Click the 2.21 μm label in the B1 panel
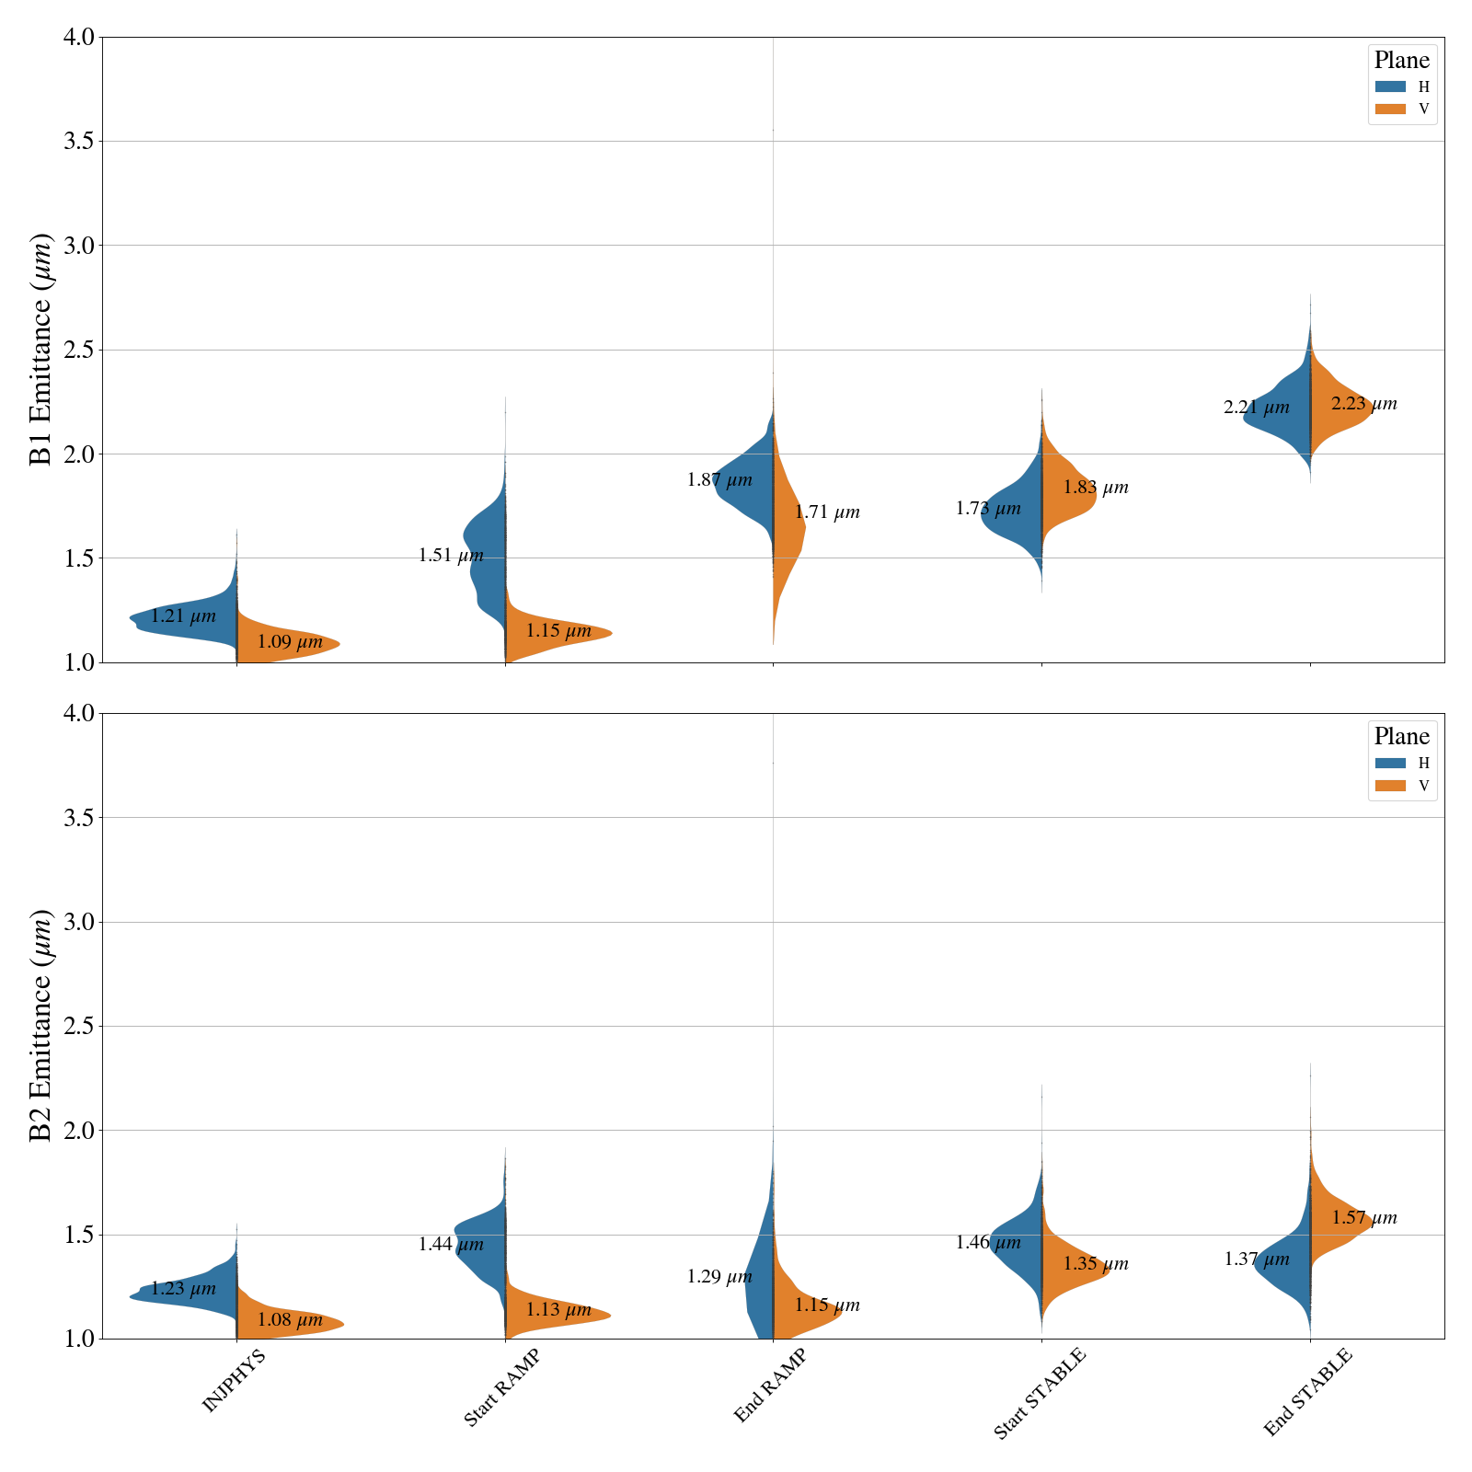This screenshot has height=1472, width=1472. click(1256, 408)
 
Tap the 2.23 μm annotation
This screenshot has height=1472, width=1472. click(1363, 404)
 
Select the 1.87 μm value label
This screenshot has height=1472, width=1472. click(719, 480)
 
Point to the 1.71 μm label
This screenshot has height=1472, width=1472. click(827, 512)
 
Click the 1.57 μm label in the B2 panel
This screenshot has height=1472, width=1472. click(1363, 1218)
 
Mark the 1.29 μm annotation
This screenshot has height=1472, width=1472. click(719, 1277)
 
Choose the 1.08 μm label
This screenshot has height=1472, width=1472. click(290, 1320)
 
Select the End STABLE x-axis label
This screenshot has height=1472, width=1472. click(1307, 1392)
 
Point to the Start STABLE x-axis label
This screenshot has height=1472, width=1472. click(1040, 1393)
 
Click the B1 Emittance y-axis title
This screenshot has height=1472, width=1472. click(41, 350)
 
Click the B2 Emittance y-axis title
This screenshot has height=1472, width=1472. click(41, 1026)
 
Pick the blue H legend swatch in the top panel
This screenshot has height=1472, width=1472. click(1390, 86)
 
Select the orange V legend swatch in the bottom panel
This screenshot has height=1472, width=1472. click(1390, 786)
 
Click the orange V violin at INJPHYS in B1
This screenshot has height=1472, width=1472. click(285, 642)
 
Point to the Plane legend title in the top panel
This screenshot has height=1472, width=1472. click(1401, 61)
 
